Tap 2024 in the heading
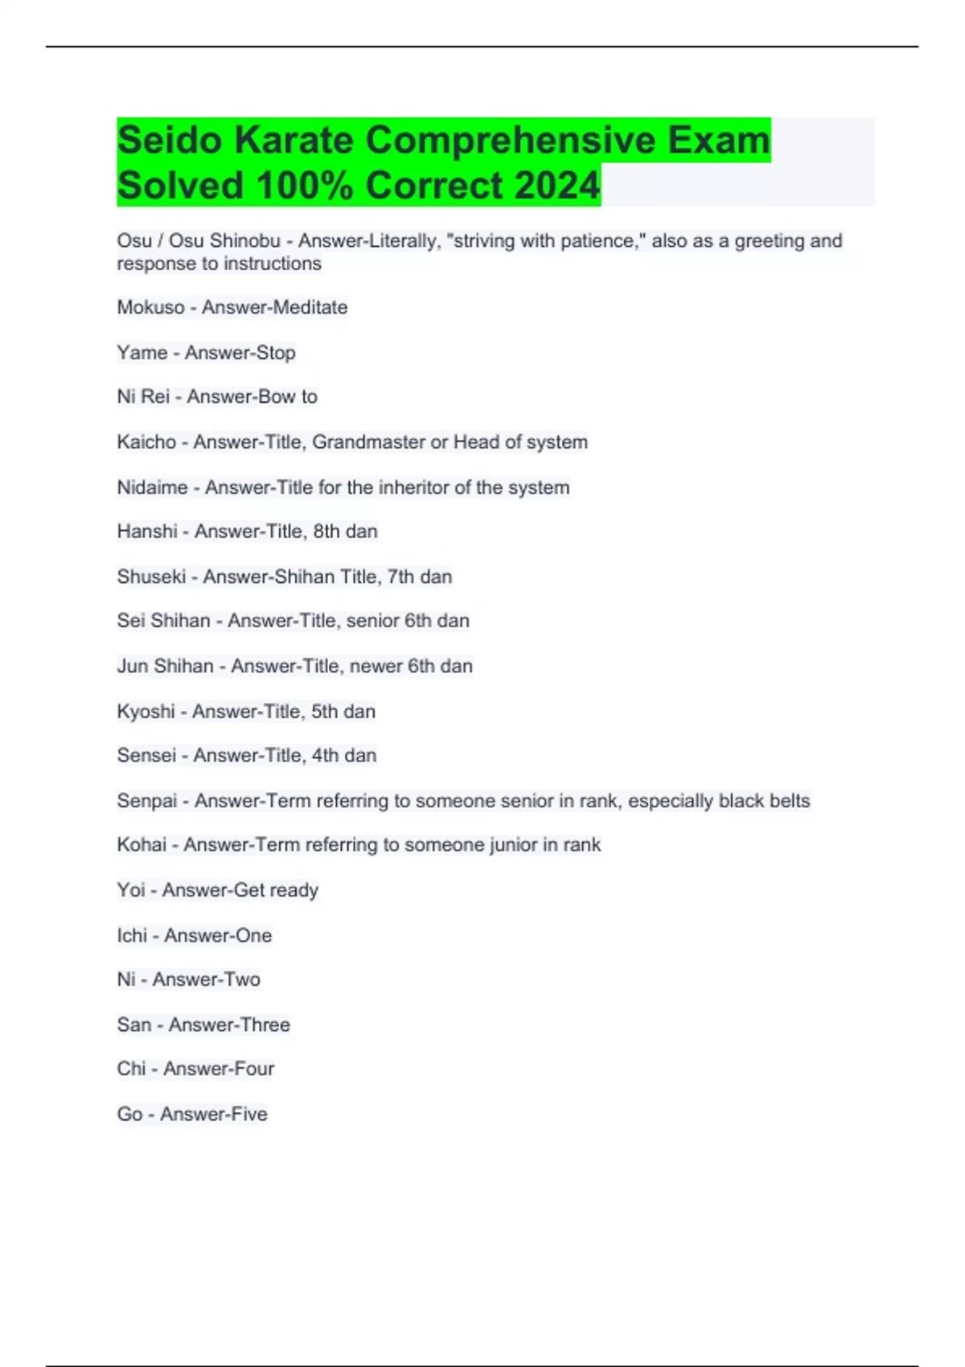coord(556,186)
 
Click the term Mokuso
coord(150,307)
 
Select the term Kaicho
coord(146,442)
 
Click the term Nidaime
coord(152,487)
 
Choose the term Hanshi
coord(147,532)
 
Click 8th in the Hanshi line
coord(326,532)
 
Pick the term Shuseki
coord(151,577)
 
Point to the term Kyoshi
coord(146,712)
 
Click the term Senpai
coord(147,801)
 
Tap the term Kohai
coord(142,845)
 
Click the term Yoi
coord(131,890)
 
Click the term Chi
coord(131,1069)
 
